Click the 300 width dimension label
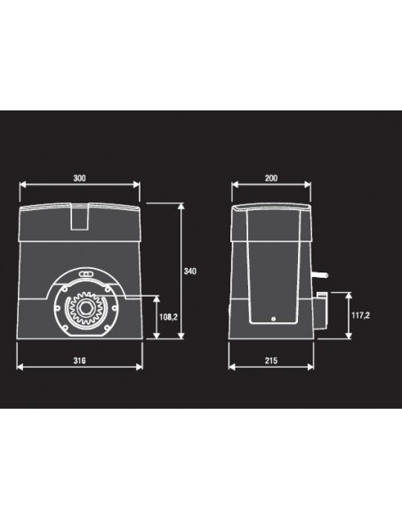click(79, 178)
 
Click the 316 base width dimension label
click(79, 361)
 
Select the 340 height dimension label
click(190, 271)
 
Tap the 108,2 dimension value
click(168, 317)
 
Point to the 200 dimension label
click(271, 178)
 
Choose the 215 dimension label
click(271, 361)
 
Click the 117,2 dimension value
click(360, 315)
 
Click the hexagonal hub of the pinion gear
click(85, 308)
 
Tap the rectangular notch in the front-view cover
click(80, 216)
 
